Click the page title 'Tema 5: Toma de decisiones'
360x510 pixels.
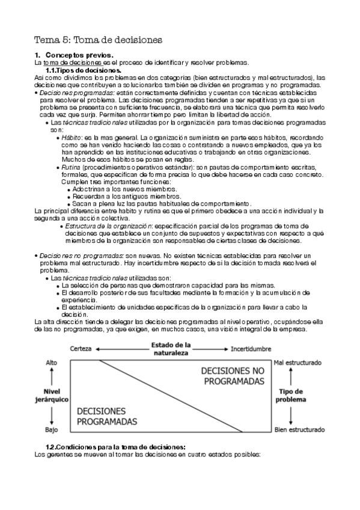tap(98, 40)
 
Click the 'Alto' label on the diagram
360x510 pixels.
tap(52, 363)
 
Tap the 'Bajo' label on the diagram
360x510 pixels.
tap(52, 430)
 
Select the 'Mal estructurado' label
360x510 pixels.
tap(299, 363)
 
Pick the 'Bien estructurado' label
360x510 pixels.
tap(299, 430)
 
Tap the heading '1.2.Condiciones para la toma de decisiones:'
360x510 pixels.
tap(115, 446)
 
